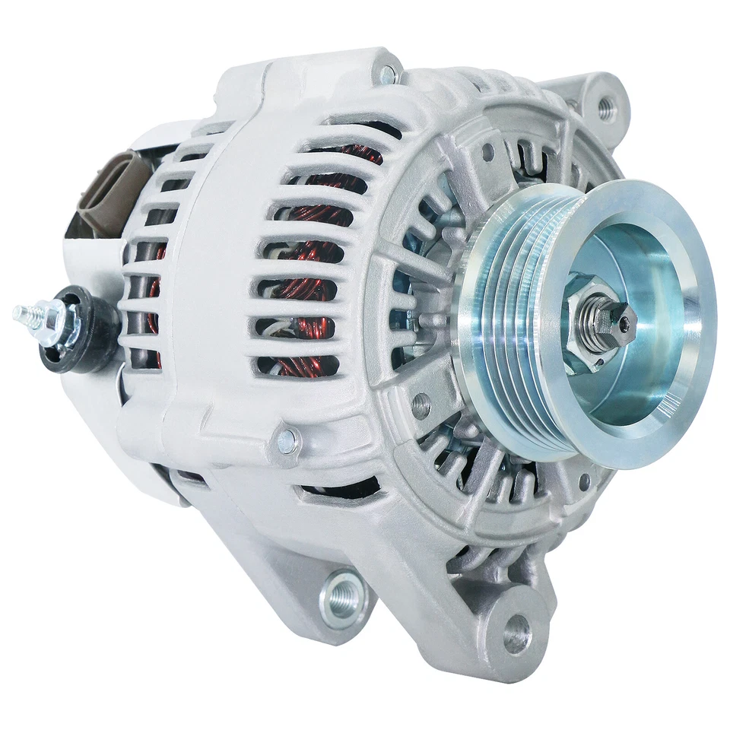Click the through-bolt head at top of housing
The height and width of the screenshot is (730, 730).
click(x=389, y=74)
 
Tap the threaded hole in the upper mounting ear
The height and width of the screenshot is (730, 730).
click(x=605, y=108)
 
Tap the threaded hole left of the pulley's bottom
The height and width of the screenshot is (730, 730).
click(x=421, y=405)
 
